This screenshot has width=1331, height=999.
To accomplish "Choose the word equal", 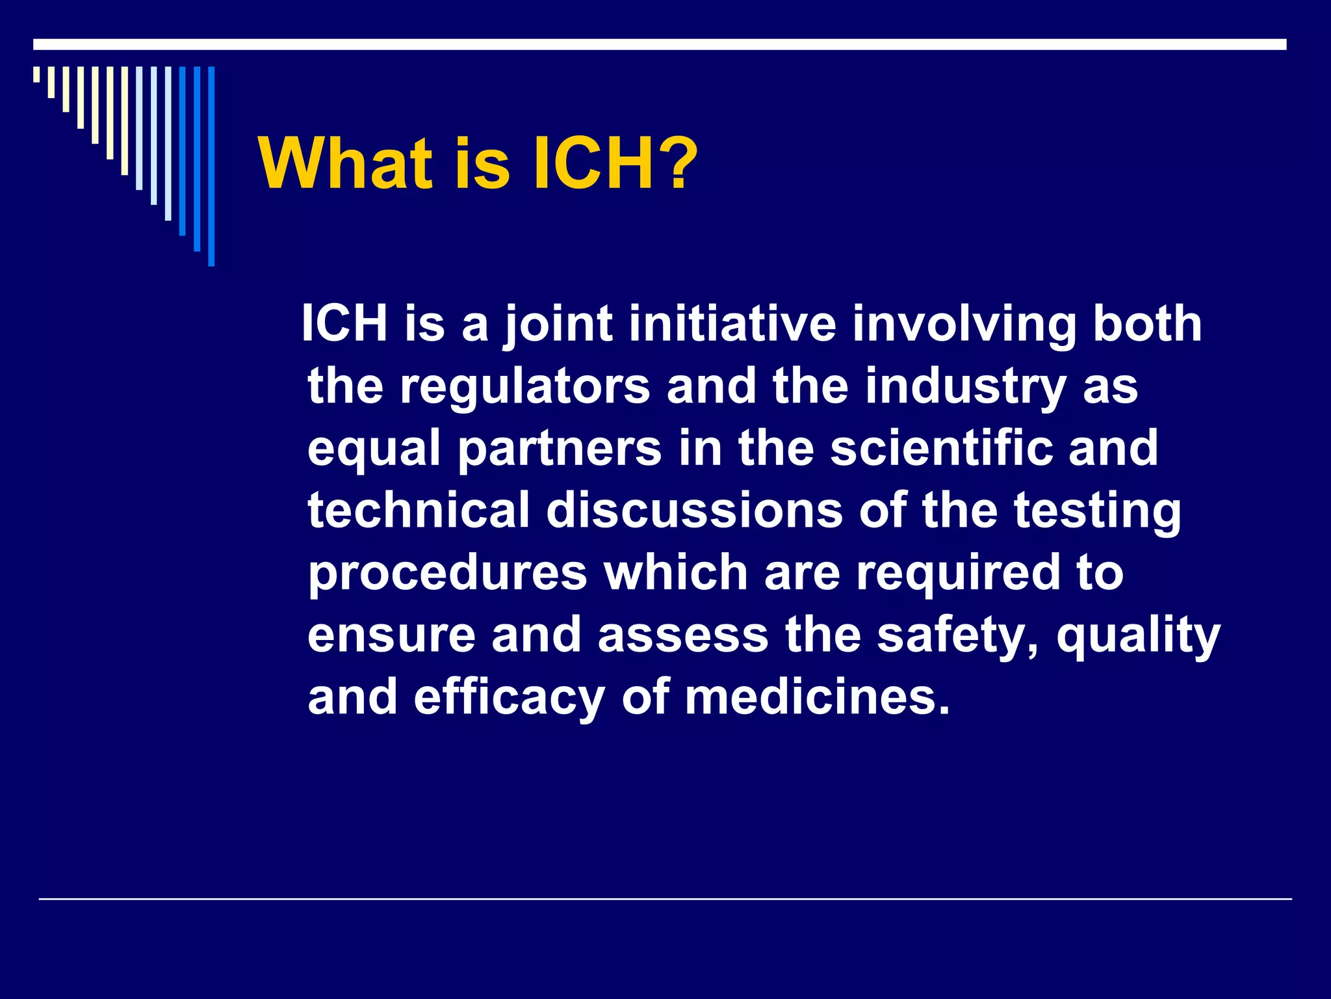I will [x=374, y=449].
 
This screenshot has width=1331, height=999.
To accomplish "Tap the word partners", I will [x=560, y=449].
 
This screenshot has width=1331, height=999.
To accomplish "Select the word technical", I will [x=419, y=510].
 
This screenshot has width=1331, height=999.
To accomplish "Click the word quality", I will [x=1138, y=635].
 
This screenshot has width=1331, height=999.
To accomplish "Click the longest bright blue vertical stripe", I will [x=211, y=166].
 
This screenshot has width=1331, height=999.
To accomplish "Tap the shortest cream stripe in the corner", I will [x=36, y=74].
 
